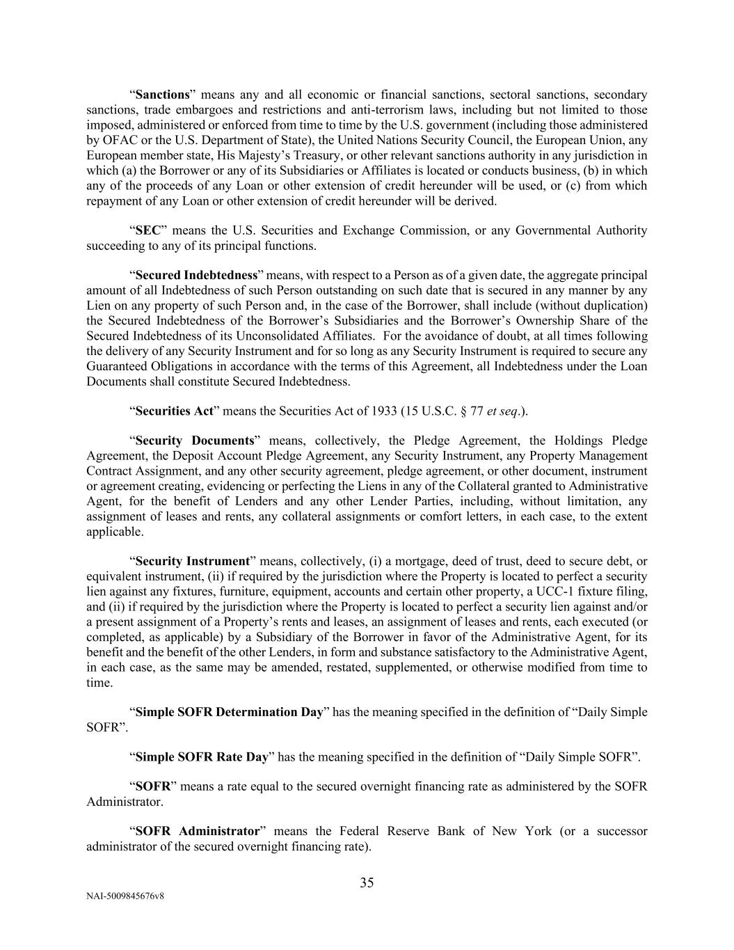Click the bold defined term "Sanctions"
162,95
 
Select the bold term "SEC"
147,230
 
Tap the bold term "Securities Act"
174,411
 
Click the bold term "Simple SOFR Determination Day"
229,712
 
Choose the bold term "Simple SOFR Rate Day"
201,757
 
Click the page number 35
367,883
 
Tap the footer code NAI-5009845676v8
125,896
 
